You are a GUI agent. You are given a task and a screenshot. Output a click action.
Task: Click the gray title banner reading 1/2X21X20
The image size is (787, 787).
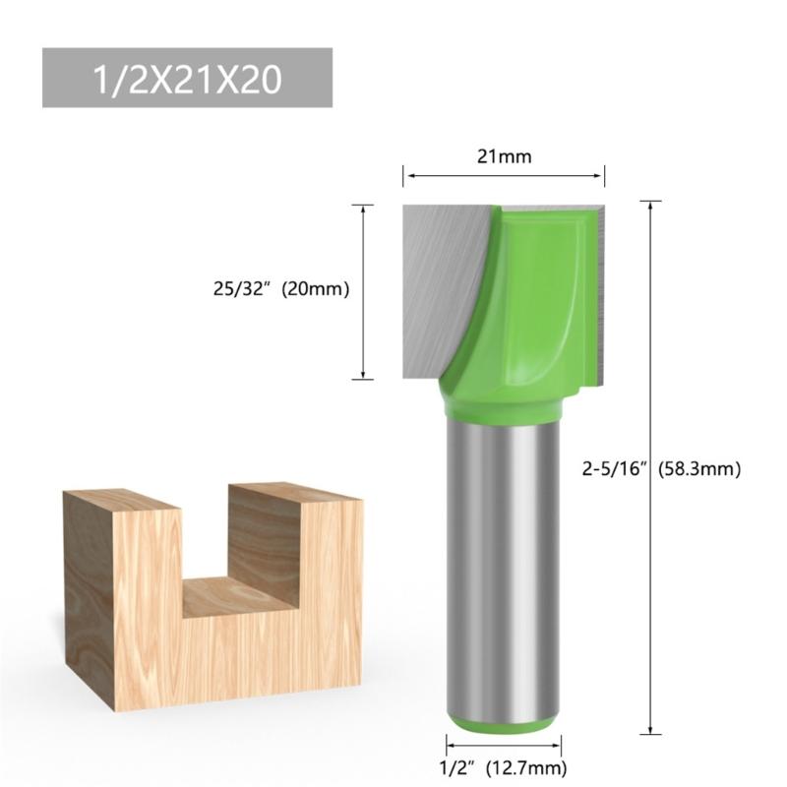(x=187, y=79)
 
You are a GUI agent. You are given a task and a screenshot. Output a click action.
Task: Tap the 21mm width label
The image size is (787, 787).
(x=503, y=155)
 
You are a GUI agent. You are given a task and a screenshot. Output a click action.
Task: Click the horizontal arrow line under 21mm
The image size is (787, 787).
(x=503, y=176)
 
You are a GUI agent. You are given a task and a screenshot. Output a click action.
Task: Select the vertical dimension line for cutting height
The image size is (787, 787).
(x=364, y=291)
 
